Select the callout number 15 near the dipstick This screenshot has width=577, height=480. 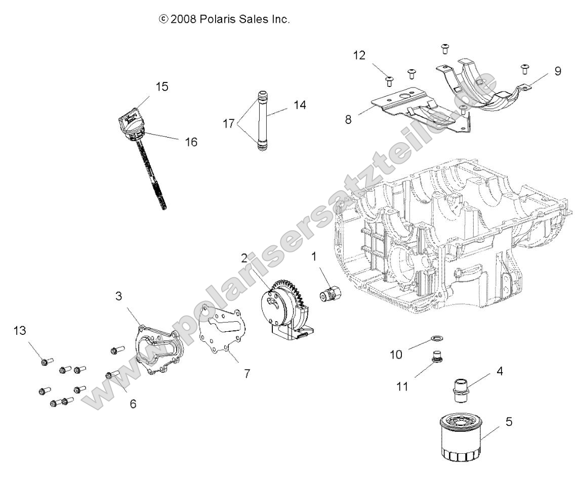click(161, 86)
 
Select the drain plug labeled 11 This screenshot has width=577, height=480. click(433, 358)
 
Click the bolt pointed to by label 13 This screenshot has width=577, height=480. click(45, 361)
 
